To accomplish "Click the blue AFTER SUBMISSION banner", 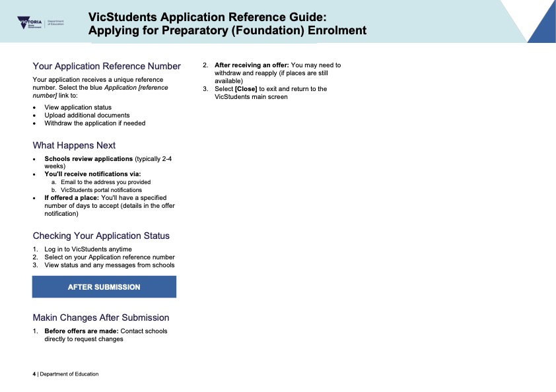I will [104, 287].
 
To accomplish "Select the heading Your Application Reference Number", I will [106, 66].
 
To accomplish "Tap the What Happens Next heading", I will [74, 145].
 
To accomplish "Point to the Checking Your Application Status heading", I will [101, 236].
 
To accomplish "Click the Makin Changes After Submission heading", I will [101, 317].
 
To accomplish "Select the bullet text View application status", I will [78, 107].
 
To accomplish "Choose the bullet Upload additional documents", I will [87, 115].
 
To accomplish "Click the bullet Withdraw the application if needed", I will [94, 123].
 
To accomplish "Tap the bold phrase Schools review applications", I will [88, 159].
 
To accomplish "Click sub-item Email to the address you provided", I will [106, 182].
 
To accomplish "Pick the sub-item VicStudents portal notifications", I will [101, 190].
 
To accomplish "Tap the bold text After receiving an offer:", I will [252, 65].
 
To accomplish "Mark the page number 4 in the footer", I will [34, 374].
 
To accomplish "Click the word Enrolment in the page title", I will [333, 30].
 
